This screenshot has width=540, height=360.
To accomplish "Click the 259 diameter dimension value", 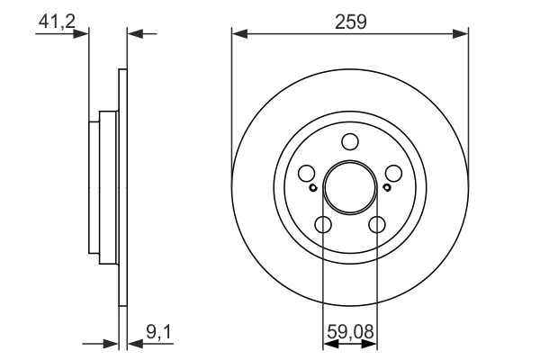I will [x=350, y=22].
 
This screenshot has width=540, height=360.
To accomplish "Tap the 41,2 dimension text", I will [x=55, y=20].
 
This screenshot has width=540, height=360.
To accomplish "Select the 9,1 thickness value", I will [x=158, y=333].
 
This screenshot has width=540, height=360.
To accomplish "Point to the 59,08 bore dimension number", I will [x=350, y=333].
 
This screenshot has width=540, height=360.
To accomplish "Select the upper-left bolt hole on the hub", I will [x=307, y=174].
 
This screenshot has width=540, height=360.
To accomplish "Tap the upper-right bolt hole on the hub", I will [x=393, y=174].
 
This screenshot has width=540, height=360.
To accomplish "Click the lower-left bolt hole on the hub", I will [x=323, y=224].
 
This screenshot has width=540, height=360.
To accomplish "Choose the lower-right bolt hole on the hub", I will [x=377, y=224].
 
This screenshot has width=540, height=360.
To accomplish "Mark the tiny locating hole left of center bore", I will [x=312, y=188].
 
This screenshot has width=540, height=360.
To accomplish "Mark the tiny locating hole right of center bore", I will [x=387, y=188].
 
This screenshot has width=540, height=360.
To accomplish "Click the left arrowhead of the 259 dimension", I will [x=238, y=34].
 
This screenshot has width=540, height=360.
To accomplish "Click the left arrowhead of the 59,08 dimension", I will [x=328, y=343].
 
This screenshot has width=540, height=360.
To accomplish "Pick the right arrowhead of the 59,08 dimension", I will [x=372, y=343].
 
